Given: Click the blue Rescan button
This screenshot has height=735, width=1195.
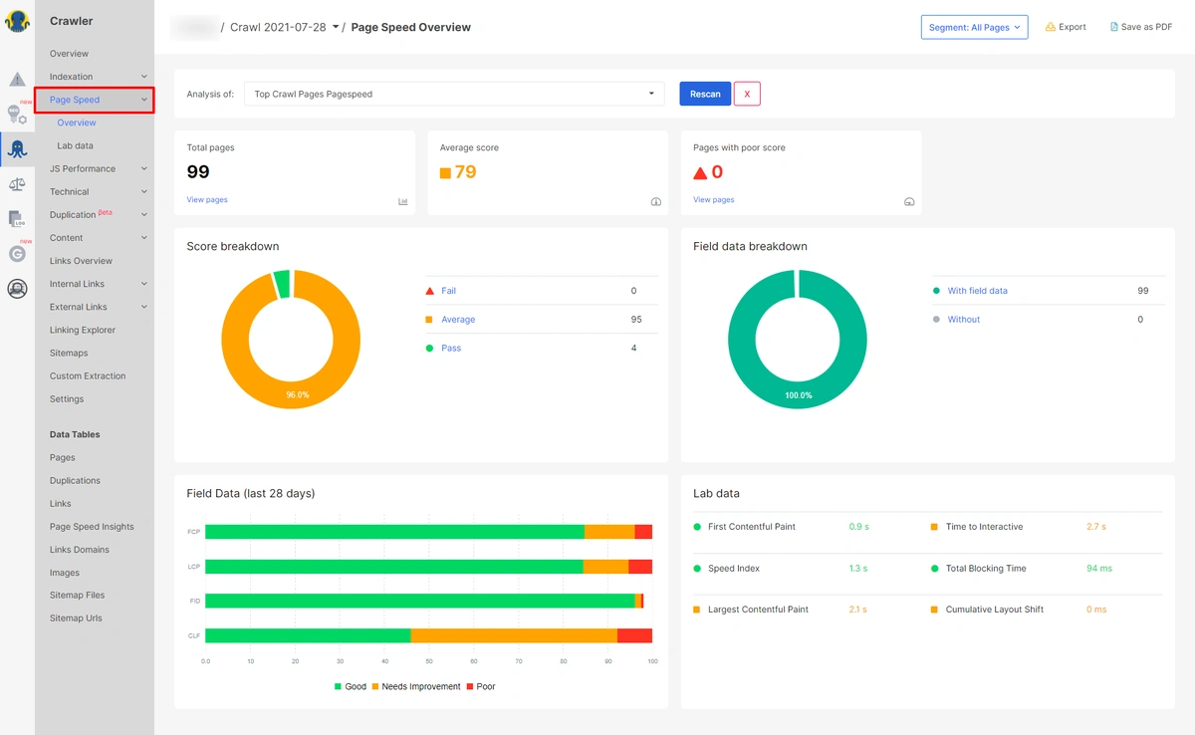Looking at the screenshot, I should pos(705,94).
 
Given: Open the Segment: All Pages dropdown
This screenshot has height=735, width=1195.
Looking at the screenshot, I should pos(974,28).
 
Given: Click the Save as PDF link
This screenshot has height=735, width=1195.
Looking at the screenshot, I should pos(1140,28).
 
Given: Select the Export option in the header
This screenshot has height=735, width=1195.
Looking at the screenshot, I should pos(1066,28).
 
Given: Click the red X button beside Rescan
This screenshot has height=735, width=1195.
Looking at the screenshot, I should pos(747,94).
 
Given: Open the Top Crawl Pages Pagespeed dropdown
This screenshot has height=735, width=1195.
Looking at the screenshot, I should pos(453,94).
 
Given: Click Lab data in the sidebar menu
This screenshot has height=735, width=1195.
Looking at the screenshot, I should pos(76,146).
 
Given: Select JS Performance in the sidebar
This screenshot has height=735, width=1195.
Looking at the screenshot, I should pos(83,169).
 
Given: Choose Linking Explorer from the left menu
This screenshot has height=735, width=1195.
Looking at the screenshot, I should pos(83,331).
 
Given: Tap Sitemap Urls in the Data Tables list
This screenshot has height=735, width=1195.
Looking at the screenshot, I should pos(76,618).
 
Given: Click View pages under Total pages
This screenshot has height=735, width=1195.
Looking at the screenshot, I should pos(207,200).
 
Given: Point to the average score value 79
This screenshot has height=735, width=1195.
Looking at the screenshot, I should pos(465,172).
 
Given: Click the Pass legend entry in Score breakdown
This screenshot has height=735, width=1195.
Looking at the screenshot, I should pos(451,349).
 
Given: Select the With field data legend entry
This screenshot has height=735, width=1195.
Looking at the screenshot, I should pos(977,291).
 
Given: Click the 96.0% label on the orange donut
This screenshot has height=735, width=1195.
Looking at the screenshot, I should pos(298,395).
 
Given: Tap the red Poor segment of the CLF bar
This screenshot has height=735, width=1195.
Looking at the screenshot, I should pos(634,635).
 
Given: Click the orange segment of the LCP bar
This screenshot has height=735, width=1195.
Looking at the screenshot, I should pos(605,567).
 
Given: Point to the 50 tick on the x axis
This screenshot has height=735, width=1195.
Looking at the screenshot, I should pos(429,660).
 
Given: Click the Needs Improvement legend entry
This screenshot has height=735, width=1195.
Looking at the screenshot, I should pos(421,687).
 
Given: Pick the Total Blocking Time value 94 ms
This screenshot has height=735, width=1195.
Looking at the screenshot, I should pos(1099,569).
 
